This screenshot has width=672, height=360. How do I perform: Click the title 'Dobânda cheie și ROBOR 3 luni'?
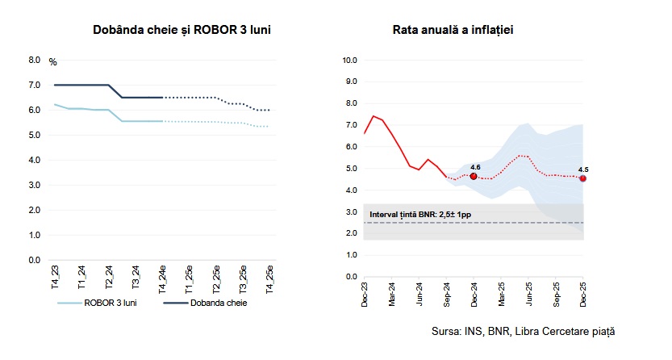(x=181, y=30)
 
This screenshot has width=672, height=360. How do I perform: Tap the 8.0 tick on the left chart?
(x=34, y=60)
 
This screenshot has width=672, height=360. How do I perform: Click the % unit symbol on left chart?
(x=53, y=62)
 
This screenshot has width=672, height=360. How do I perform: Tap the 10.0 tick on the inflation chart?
(x=349, y=60)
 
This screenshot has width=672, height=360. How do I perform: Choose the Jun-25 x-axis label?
(x=529, y=294)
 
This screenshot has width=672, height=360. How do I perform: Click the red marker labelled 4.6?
(x=474, y=176)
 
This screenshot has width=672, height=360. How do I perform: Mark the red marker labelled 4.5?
(x=582, y=178)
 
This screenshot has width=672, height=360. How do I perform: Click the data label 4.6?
(x=475, y=166)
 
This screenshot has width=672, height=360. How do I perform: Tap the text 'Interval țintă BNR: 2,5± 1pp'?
(x=419, y=216)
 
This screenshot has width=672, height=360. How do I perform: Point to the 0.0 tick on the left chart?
(x=34, y=260)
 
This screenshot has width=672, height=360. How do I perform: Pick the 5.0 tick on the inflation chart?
(x=352, y=168)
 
